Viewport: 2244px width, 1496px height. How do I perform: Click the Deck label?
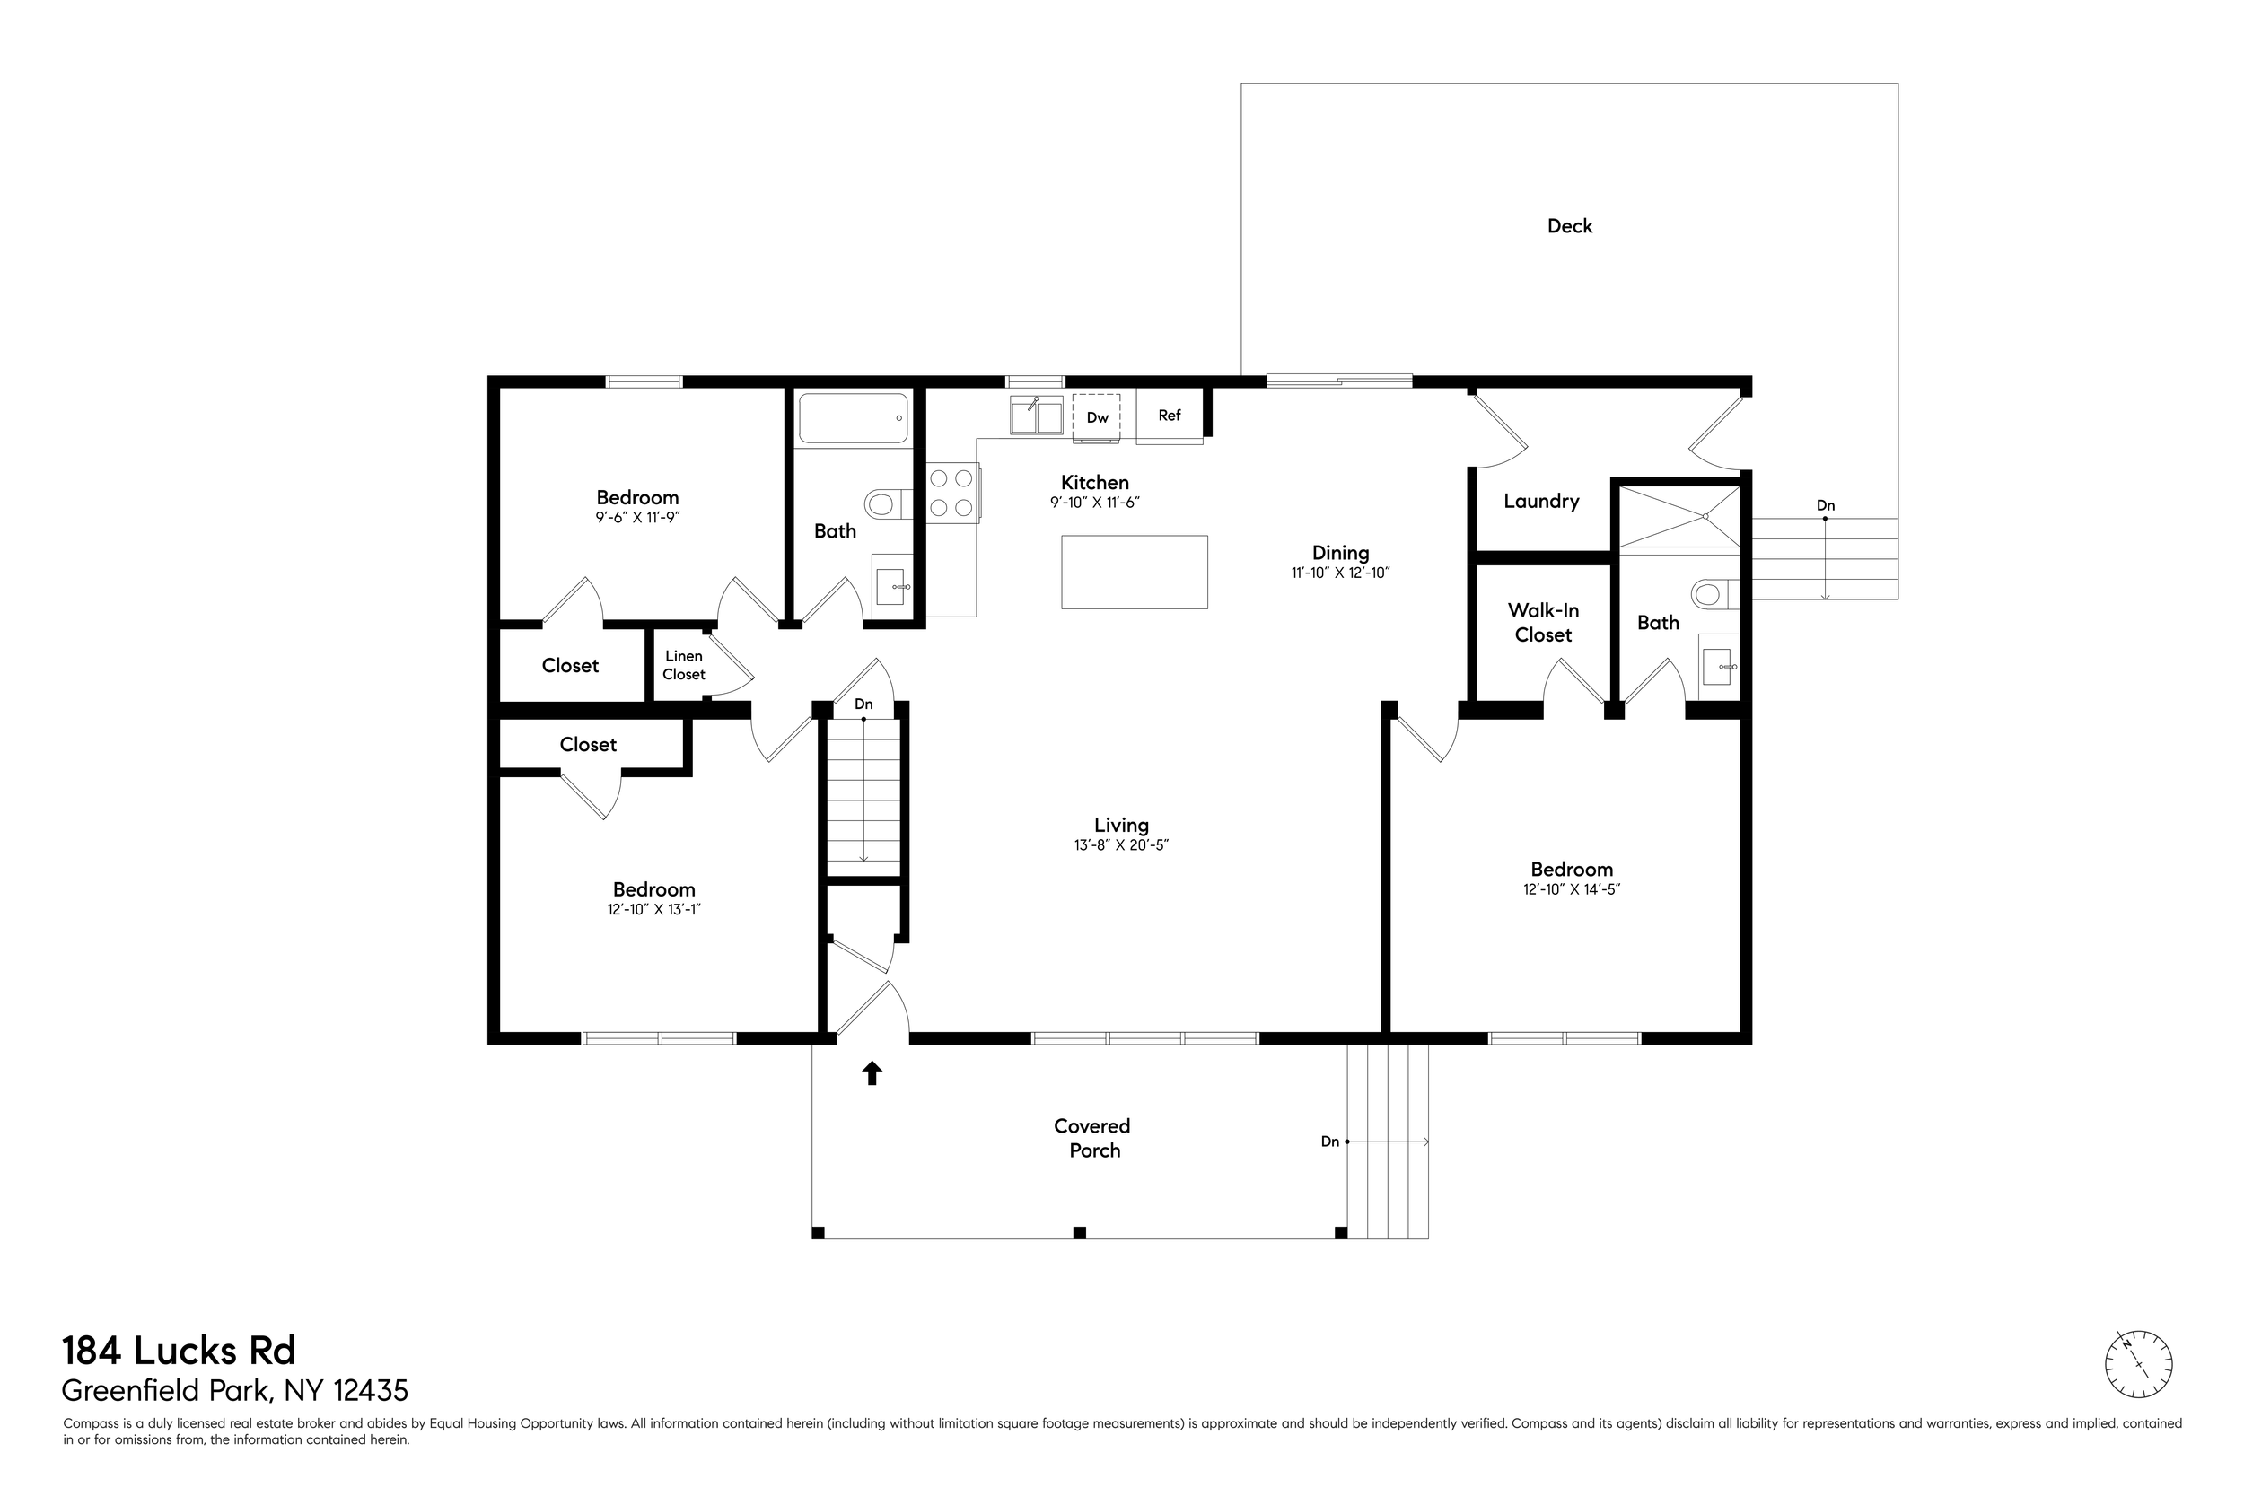click(1570, 226)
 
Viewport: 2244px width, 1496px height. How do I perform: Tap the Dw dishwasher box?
click(1096, 417)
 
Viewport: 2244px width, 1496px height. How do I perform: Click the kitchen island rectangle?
click(1135, 572)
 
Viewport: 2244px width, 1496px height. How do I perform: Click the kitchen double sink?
click(1036, 416)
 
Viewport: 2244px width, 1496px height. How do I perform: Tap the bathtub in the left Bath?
click(853, 418)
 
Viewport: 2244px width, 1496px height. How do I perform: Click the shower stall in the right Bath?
click(1679, 517)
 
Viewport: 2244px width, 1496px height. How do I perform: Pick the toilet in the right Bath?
click(1715, 595)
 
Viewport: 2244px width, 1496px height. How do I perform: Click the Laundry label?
click(1541, 501)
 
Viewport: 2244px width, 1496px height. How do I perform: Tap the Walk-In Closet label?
click(1543, 622)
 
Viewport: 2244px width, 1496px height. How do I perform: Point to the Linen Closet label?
click(684, 665)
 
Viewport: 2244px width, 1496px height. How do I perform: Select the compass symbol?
click(2138, 1365)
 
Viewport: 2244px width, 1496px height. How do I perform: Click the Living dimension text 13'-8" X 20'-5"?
click(1121, 845)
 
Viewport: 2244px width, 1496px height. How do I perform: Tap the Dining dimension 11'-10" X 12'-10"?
click(1340, 573)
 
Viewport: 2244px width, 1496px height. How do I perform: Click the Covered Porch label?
click(1092, 1138)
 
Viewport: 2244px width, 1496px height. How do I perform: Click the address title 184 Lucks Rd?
click(180, 1351)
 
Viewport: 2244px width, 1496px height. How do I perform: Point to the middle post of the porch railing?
click(1079, 1233)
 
